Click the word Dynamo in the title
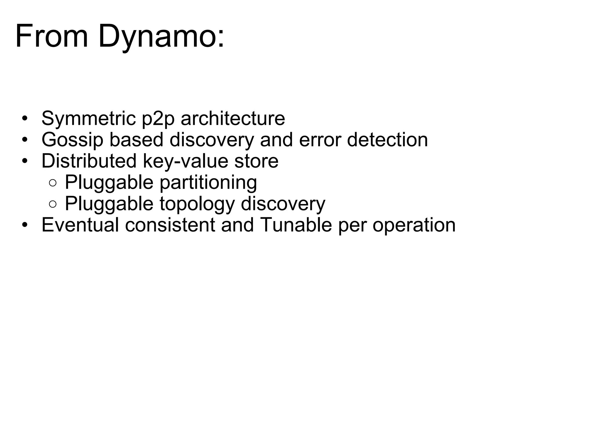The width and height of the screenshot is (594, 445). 161,37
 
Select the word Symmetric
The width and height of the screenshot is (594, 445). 88,118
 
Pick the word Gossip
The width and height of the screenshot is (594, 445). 72,140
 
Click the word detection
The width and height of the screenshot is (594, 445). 387,140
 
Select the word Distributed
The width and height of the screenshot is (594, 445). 89,161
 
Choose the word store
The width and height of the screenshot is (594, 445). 256,161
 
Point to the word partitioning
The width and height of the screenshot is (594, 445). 208,183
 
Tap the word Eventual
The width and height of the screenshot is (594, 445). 80,225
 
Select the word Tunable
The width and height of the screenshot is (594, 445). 296,225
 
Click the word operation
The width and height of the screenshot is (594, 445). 414,225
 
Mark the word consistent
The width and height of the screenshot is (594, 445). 170,225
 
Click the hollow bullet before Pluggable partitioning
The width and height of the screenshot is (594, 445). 53,183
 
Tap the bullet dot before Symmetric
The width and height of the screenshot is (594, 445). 25,118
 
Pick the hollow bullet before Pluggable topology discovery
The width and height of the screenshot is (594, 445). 53,204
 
